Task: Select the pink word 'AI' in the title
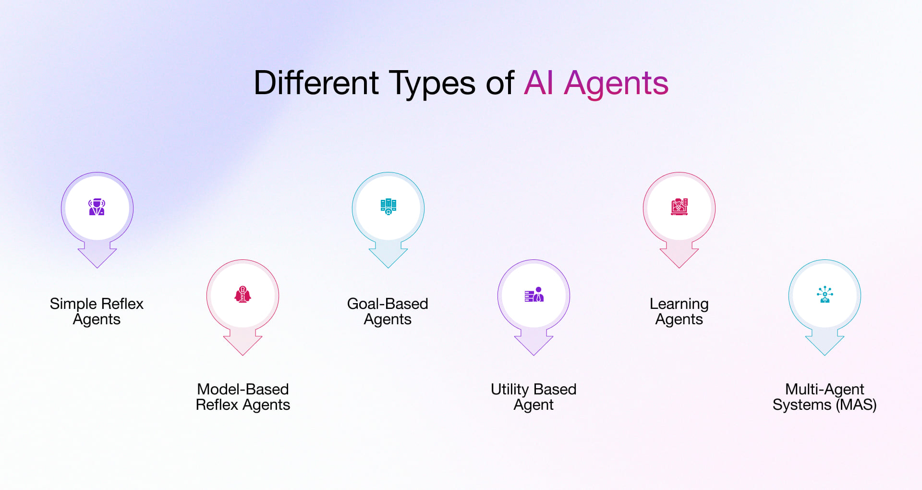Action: (539, 83)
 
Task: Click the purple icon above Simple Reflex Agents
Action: (97, 207)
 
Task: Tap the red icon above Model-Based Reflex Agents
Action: (243, 294)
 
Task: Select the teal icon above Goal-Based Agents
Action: (388, 207)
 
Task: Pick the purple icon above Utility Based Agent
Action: (534, 294)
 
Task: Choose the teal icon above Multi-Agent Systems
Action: (825, 294)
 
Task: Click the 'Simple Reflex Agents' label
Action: (97, 311)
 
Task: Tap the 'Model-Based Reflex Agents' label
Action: (243, 397)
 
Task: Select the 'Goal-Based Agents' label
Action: (388, 311)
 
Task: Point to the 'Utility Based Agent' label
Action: (534, 397)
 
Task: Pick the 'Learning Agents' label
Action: (679, 311)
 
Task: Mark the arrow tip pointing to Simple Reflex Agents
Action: (97, 266)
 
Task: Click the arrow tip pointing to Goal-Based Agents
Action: (388, 266)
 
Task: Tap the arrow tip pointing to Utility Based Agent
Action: (534, 354)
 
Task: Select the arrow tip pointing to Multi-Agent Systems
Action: (825, 354)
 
